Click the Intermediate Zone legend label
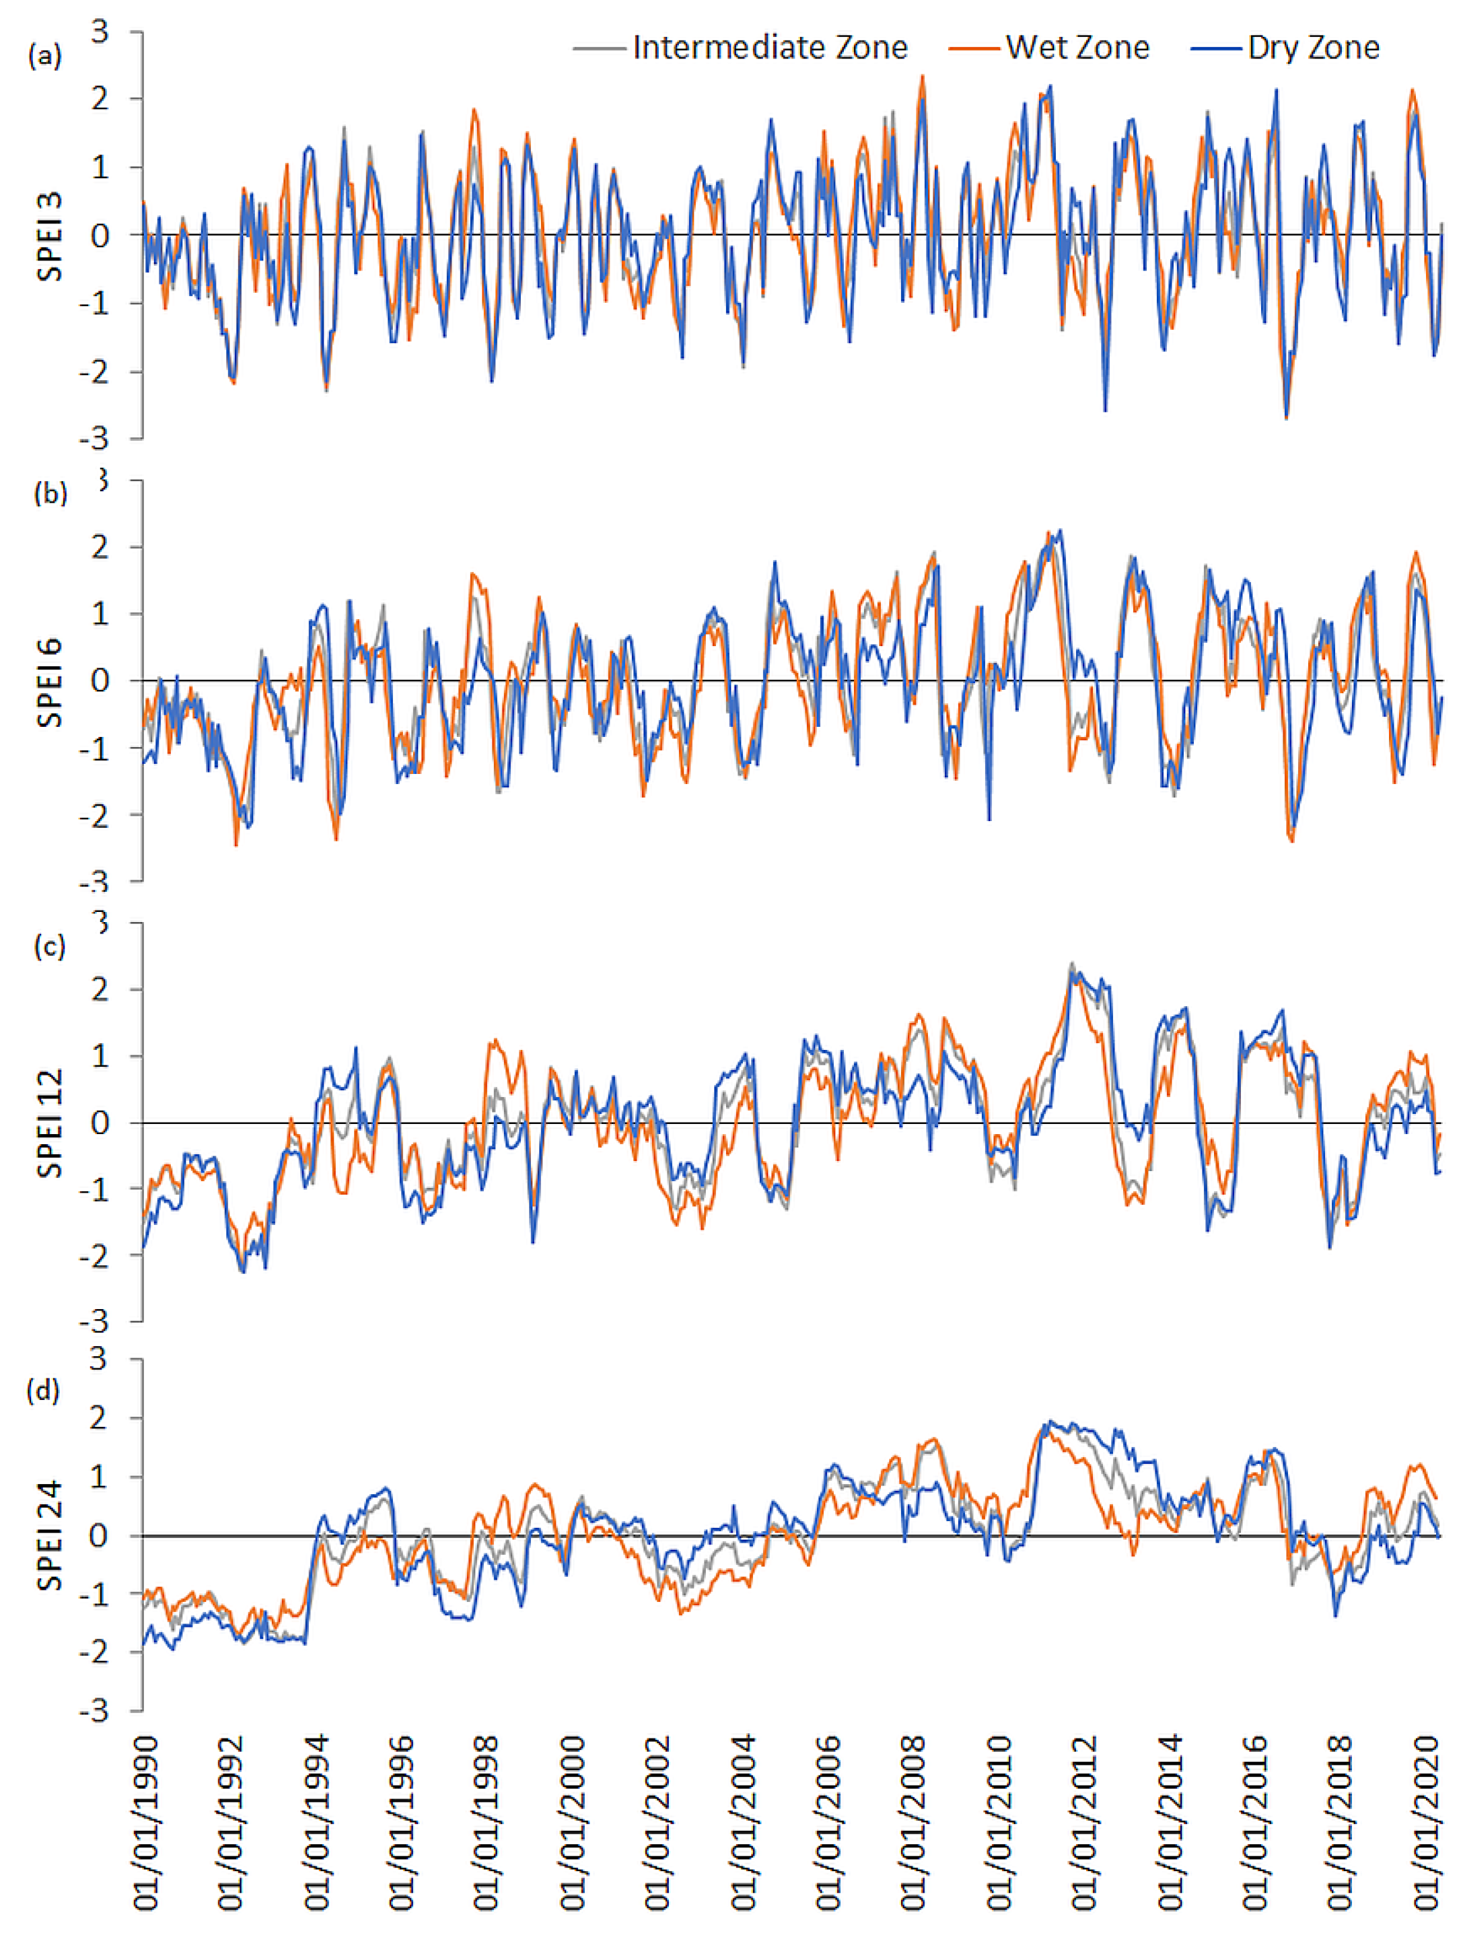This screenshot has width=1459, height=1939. [x=769, y=47]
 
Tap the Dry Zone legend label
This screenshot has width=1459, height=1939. [x=1313, y=47]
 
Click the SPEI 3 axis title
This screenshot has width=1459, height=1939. [x=50, y=237]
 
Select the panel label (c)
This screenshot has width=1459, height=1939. [x=49, y=947]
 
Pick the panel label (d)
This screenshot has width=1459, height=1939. [x=43, y=1390]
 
